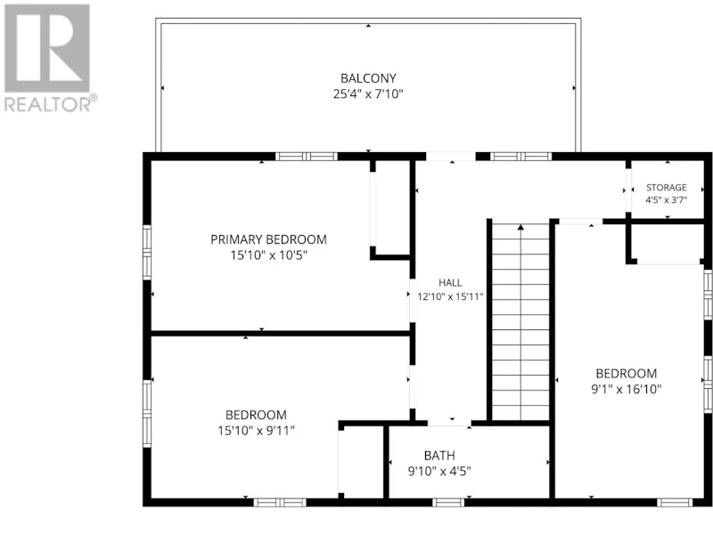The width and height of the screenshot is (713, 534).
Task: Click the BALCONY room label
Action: click(x=368, y=78)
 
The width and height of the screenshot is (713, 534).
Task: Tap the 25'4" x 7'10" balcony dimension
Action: click(x=368, y=94)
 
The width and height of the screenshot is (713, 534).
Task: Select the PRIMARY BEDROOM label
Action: click(x=268, y=239)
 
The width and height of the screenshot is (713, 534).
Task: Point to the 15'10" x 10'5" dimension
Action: click(x=268, y=255)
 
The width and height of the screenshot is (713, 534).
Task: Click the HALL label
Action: click(x=450, y=282)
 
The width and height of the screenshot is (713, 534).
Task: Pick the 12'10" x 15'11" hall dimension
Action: click(x=450, y=296)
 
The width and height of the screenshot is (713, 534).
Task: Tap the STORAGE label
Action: click(x=666, y=187)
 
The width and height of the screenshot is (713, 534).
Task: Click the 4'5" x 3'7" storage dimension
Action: click(x=666, y=199)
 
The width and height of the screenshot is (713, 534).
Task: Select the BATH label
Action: click(x=439, y=456)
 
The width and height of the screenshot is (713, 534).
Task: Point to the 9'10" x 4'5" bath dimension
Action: click(x=439, y=471)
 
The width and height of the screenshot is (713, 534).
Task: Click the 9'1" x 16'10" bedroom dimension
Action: click(x=627, y=389)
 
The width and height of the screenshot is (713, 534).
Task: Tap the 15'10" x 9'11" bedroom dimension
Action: click(x=256, y=431)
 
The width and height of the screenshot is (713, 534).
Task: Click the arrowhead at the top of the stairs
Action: click(x=520, y=227)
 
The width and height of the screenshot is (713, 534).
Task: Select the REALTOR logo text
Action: click(x=51, y=104)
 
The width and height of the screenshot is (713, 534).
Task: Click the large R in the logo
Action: click(x=47, y=48)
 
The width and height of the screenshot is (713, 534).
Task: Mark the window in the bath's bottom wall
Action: click(x=448, y=503)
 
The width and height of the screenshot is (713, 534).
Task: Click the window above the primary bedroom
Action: click(x=307, y=157)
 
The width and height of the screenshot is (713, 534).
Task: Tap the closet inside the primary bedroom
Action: click(x=391, y=208)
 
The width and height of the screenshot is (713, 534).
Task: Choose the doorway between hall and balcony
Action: click(x=451, y=157)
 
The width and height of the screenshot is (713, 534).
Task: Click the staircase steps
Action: click(x=520, y=321)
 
